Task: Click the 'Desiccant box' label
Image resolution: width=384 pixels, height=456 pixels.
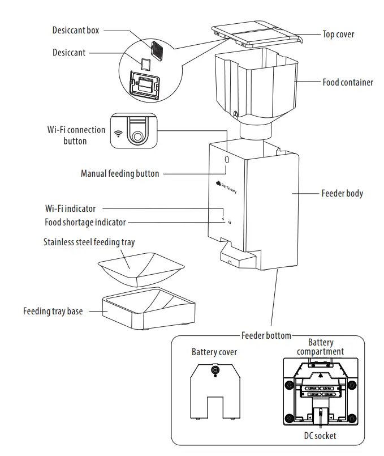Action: pos(76,31)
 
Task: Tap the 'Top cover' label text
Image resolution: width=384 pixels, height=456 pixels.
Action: pos(338,34)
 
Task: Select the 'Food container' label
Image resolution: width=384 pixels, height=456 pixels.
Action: pos(348,82)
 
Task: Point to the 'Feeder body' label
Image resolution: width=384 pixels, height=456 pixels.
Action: pos(342,193)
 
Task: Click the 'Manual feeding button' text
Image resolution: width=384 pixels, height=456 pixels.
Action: pos(120,173)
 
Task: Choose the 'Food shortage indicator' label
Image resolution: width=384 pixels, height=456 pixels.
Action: pos(85,222)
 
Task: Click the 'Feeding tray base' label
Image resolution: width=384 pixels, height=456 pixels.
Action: pos(53,311)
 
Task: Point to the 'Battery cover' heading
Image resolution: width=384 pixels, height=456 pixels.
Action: pos(214,352)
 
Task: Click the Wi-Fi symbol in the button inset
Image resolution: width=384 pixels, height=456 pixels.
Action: pos(118,134)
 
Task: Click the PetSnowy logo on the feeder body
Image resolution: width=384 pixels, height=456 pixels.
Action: pos(226,186)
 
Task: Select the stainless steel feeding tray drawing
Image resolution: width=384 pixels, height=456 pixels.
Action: pos(141,269)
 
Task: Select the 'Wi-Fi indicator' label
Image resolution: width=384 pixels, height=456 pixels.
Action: pos(71,208)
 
